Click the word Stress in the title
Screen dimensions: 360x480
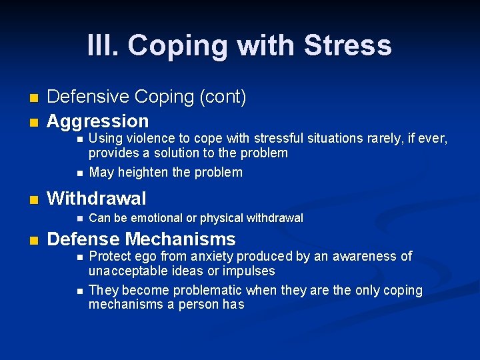[x=347, y=45]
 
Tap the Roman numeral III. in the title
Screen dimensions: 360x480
[x=103, y=45]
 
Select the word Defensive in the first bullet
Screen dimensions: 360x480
[x=88, y=97]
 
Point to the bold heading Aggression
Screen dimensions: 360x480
[x=98, y=121]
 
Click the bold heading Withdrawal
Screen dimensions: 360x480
[x=97, y=199]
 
